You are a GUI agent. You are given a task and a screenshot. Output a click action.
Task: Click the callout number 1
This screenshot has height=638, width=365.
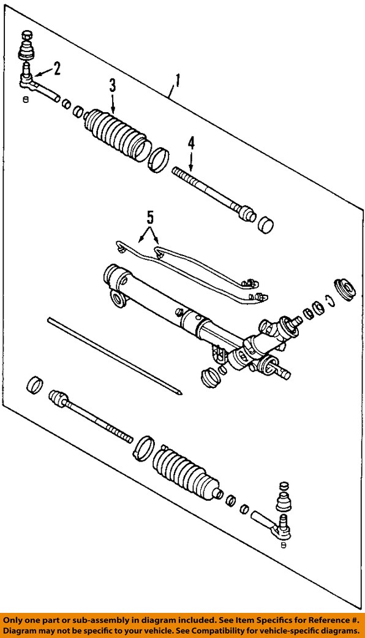178,80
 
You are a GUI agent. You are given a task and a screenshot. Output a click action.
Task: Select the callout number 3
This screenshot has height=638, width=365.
113,86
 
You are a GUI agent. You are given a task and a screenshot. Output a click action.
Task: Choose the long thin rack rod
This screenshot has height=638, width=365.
113,354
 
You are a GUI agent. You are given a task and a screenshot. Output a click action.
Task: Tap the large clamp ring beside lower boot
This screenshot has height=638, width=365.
143,447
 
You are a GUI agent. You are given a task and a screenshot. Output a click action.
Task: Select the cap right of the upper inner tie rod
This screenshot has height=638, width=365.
266,225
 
